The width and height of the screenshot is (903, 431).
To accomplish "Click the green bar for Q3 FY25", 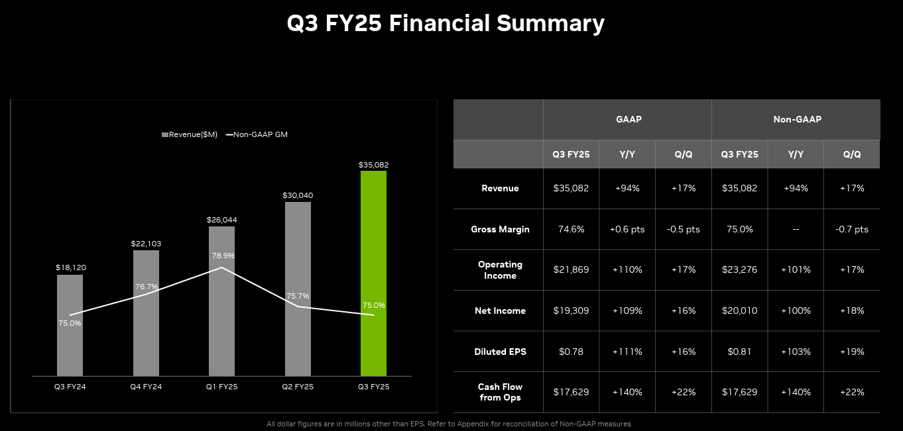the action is [373, 273].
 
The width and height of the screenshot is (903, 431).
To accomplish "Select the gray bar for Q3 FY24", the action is [70, 325].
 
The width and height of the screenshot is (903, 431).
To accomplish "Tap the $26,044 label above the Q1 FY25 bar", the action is [221, 220].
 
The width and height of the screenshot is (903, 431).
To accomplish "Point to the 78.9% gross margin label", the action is [223, 256].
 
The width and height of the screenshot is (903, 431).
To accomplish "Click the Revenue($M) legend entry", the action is [190, 134].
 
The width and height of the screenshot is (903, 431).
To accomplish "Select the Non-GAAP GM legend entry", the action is [257, 134].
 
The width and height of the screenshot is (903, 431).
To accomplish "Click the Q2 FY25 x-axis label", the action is [298, 387].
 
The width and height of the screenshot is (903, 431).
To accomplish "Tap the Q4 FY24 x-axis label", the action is [146, 387].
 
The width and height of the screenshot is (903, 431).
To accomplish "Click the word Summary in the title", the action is [550, 24].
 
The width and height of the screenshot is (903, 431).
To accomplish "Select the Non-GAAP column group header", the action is [797, 120].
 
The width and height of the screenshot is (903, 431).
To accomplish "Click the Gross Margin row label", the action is [500, 229].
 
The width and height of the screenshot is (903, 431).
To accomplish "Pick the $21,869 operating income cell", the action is [571, 269].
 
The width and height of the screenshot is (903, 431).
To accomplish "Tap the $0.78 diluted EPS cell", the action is [571, 352].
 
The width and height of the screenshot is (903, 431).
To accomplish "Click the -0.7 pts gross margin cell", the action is [852, 229].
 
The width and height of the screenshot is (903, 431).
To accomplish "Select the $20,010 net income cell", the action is [739, 311].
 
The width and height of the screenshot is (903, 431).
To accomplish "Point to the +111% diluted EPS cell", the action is [627, 352].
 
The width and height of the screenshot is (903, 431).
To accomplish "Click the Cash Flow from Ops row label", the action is [500, 392].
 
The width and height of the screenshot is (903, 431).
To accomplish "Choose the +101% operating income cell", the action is [796, 269].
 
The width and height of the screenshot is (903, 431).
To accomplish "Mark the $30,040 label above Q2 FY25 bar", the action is [298, 195].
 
